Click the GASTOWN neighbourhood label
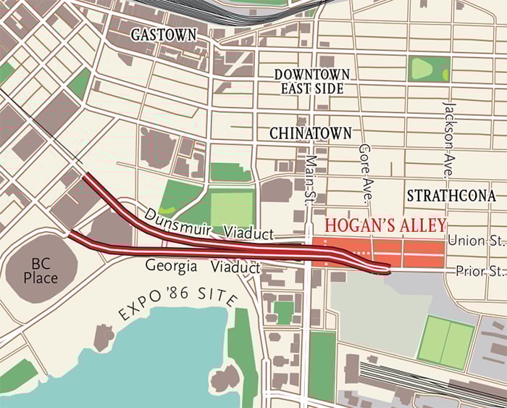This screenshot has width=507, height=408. [x=164, y=35]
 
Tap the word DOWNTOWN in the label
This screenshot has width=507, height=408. [x=312, y=75]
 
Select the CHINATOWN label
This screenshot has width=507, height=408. [x=310, y=133]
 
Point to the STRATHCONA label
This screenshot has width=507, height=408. [x=451, y=196]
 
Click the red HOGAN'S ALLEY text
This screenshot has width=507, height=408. [x=385, y=225]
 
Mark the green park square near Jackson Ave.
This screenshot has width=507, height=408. [x=428, y=70]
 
